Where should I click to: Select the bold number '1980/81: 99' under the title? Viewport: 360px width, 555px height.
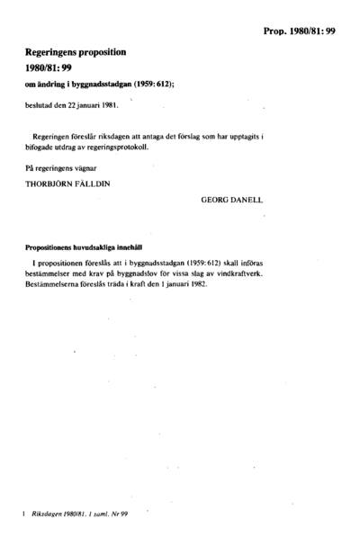53,73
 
